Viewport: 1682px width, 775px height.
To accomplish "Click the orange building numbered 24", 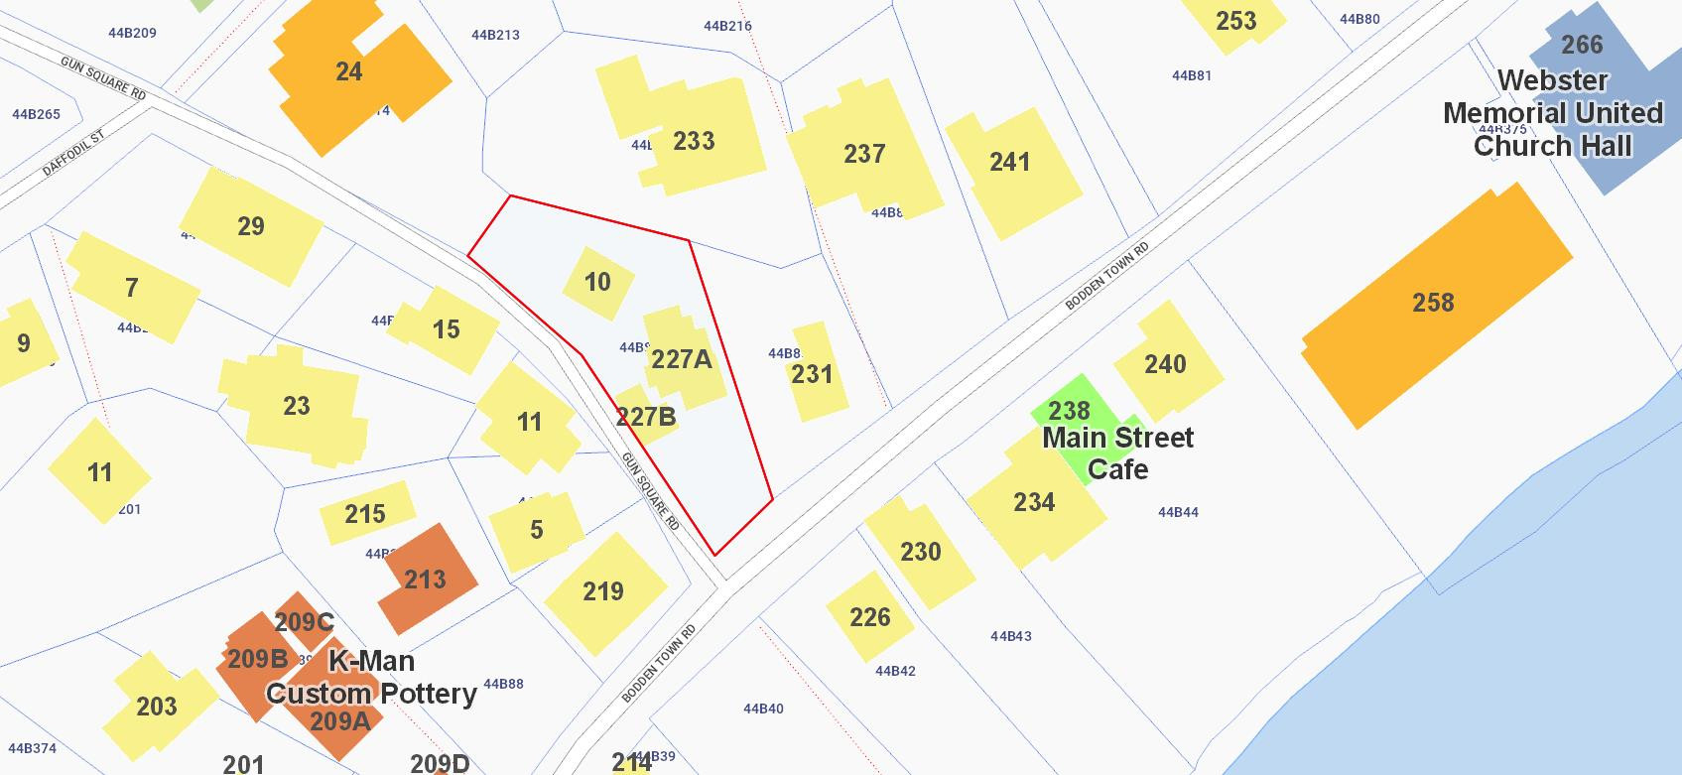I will click(349, 74).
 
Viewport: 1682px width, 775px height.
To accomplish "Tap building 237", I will click(863, 154).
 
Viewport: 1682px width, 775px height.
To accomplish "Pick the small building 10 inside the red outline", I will click(597, 283).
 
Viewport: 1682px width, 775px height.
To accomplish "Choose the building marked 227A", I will click(682, 359).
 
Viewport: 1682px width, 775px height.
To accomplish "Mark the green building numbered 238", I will click(1069, 410).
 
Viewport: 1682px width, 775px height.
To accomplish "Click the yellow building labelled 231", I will click(813, 373).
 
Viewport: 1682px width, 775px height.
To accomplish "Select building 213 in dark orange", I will click(425, 580).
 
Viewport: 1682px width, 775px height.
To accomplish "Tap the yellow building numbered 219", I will click(603, 592).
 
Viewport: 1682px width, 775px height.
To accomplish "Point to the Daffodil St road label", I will click(72, 152).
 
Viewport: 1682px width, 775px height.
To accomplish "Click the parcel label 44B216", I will click(727, 26).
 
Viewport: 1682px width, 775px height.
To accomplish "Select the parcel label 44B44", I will click(1178, 512).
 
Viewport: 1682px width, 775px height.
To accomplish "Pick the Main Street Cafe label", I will click(1118, 452).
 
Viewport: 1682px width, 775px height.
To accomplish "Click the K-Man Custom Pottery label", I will click(371, 677).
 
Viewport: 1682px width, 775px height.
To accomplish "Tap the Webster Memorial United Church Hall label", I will click(1552, 113).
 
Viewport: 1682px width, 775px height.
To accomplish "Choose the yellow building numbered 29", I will click(251, 226).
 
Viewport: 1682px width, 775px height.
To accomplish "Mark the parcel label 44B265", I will click(36, 114).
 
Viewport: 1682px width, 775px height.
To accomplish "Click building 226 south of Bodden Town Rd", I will click(869, 617).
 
